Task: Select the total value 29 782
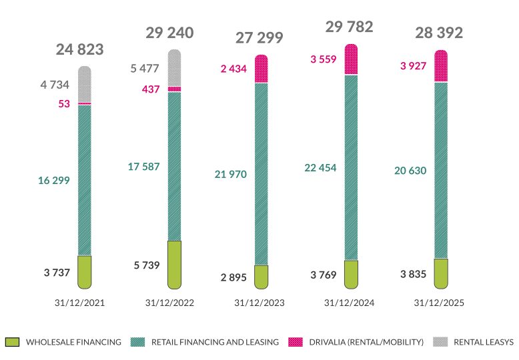coord(349,27)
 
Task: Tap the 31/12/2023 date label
coord(259,303)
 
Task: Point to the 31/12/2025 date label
coord(439,303)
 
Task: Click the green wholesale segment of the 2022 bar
coord(174,264)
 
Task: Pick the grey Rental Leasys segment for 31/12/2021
coord(84,84)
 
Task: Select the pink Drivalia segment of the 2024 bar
coord(351,59)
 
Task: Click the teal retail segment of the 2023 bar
coord(262,173)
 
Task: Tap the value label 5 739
coord(146,265)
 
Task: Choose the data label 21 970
coord(231,175)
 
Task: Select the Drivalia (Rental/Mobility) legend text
coord(366,342)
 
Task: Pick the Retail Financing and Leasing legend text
coord(215,342)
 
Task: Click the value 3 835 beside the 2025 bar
coord(413,273)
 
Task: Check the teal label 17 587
coord(143,167)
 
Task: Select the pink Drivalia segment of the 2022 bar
coord(174,89)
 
